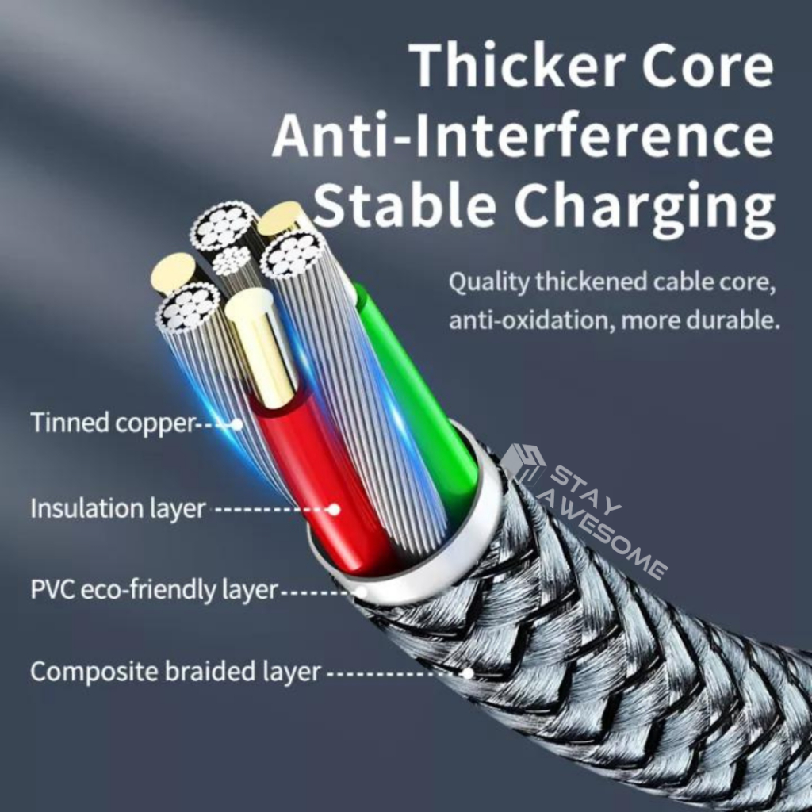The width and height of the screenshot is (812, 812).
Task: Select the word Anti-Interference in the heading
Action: tap(523, 136)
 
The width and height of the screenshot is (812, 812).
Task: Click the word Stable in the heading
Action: tap(404, 205)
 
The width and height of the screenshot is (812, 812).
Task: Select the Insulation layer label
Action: tap(118, 507)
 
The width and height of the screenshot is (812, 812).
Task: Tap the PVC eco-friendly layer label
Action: tap(155, 590)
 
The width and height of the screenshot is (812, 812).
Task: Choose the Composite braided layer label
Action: tap(175, 672)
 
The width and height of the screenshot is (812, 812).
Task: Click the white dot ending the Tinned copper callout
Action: tap(236, 424)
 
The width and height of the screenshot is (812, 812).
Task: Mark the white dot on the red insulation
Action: tap(334, 509)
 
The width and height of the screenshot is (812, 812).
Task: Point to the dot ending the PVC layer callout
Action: tap(361, 591)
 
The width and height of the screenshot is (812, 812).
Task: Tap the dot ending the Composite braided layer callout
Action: tap(468, 673)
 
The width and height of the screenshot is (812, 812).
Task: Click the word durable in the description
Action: tap(732, 320)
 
